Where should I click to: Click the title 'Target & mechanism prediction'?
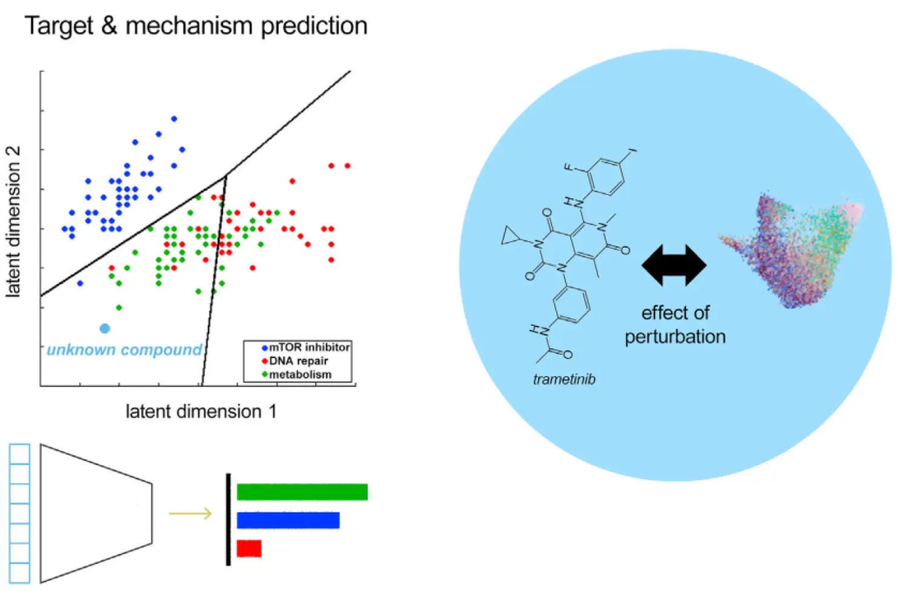(196, 27)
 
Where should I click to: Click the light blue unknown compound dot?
(105, 328)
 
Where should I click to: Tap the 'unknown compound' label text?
(124, 350)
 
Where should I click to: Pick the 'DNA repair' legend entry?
(298, 361)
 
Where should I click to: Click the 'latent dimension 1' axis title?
(201, 412)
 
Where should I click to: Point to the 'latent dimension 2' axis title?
(13, 222)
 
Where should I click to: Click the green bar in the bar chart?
(302, 492)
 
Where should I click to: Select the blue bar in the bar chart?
(288, 520)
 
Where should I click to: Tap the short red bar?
(249, 548)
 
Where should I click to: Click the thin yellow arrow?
(190, 514)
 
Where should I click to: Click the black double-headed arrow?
(674, 265)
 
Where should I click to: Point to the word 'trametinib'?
(564, 380)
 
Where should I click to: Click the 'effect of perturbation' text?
(675, 325)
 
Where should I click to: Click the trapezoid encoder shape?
(96, 514)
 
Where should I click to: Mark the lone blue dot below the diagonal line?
(80, 283)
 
